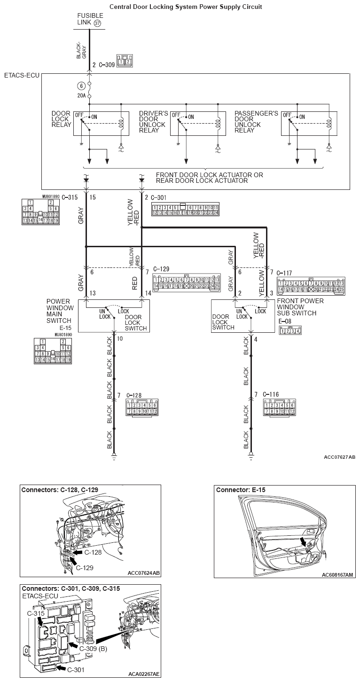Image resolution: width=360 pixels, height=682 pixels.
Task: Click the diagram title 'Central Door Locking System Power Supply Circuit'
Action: [186, 7]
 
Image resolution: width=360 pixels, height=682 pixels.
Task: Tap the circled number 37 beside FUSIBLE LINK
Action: [97, 23]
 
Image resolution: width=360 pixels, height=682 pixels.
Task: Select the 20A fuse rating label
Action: [81, 95]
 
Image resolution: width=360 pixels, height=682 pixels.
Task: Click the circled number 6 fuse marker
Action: [81, 86]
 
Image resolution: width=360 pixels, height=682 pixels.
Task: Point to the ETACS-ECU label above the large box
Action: [21, 75]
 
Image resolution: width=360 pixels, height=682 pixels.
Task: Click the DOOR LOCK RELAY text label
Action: [61, 119]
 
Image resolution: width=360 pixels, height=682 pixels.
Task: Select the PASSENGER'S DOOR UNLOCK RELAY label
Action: [256, 122]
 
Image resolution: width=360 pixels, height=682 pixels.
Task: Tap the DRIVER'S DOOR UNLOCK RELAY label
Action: [153, 122]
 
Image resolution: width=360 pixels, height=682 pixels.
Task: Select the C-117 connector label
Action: [285, 273]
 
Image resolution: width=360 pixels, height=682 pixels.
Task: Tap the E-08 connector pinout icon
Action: [290, 330]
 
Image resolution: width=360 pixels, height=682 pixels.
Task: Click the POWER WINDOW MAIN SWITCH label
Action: [60, 311]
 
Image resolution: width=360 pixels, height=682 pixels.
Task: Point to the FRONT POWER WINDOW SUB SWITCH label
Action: [300, 307]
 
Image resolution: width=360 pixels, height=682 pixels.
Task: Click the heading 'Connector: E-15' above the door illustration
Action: [241, 490]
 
